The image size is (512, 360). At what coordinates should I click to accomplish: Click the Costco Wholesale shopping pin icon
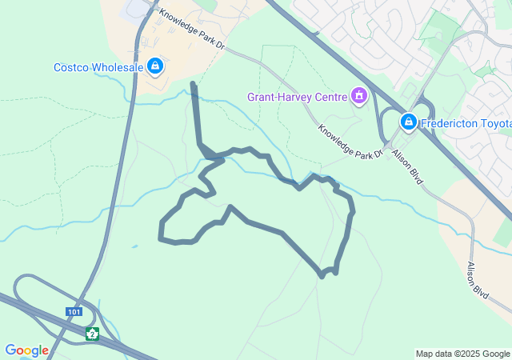tap(155, 66)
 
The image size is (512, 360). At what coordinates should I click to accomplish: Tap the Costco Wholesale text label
tap(98, 67)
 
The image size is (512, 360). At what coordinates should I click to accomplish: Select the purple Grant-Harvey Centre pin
tap(359, 98)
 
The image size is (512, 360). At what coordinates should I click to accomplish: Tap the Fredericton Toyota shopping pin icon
tap(408, 122)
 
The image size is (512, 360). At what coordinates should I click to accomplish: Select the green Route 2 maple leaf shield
tap(92, 334)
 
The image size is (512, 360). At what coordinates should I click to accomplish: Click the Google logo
tap(26, 350)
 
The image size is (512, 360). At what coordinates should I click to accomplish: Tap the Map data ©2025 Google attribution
tap(462, 354)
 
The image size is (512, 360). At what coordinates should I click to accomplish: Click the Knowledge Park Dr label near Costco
tap(193, 30)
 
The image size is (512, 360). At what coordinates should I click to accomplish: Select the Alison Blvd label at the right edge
tap(477, 279)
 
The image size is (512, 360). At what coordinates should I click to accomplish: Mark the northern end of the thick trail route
tap(193, 83)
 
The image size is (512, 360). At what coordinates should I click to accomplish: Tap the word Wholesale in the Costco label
tap(118, 67)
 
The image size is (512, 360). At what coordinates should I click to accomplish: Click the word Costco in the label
tap(71, 67)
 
